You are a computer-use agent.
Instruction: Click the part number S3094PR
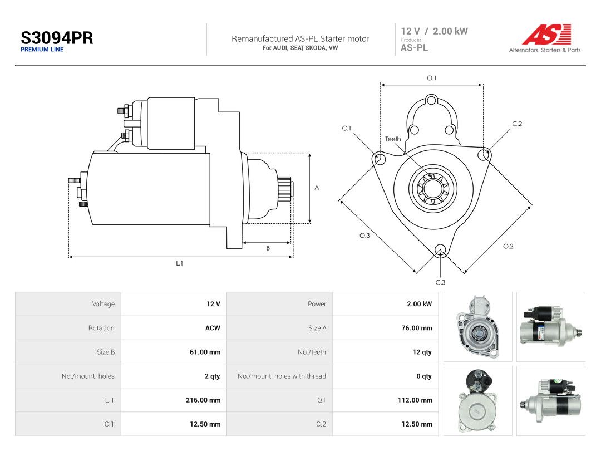tap(57, 38)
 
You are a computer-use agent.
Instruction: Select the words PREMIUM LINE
tap(42, 50)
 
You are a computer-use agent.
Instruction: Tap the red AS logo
tap(546, 34)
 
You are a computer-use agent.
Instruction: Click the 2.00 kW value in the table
tap(420, 304)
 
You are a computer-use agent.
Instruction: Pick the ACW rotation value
tap(213, 328)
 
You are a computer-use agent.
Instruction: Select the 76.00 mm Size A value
tap(417, 328)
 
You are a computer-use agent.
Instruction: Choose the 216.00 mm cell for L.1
tap(203, 400)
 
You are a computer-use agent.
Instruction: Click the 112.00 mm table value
tap(415, 400)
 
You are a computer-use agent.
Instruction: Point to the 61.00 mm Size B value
tap(205, 352)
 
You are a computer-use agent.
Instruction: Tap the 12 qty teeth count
tap(422, 352)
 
